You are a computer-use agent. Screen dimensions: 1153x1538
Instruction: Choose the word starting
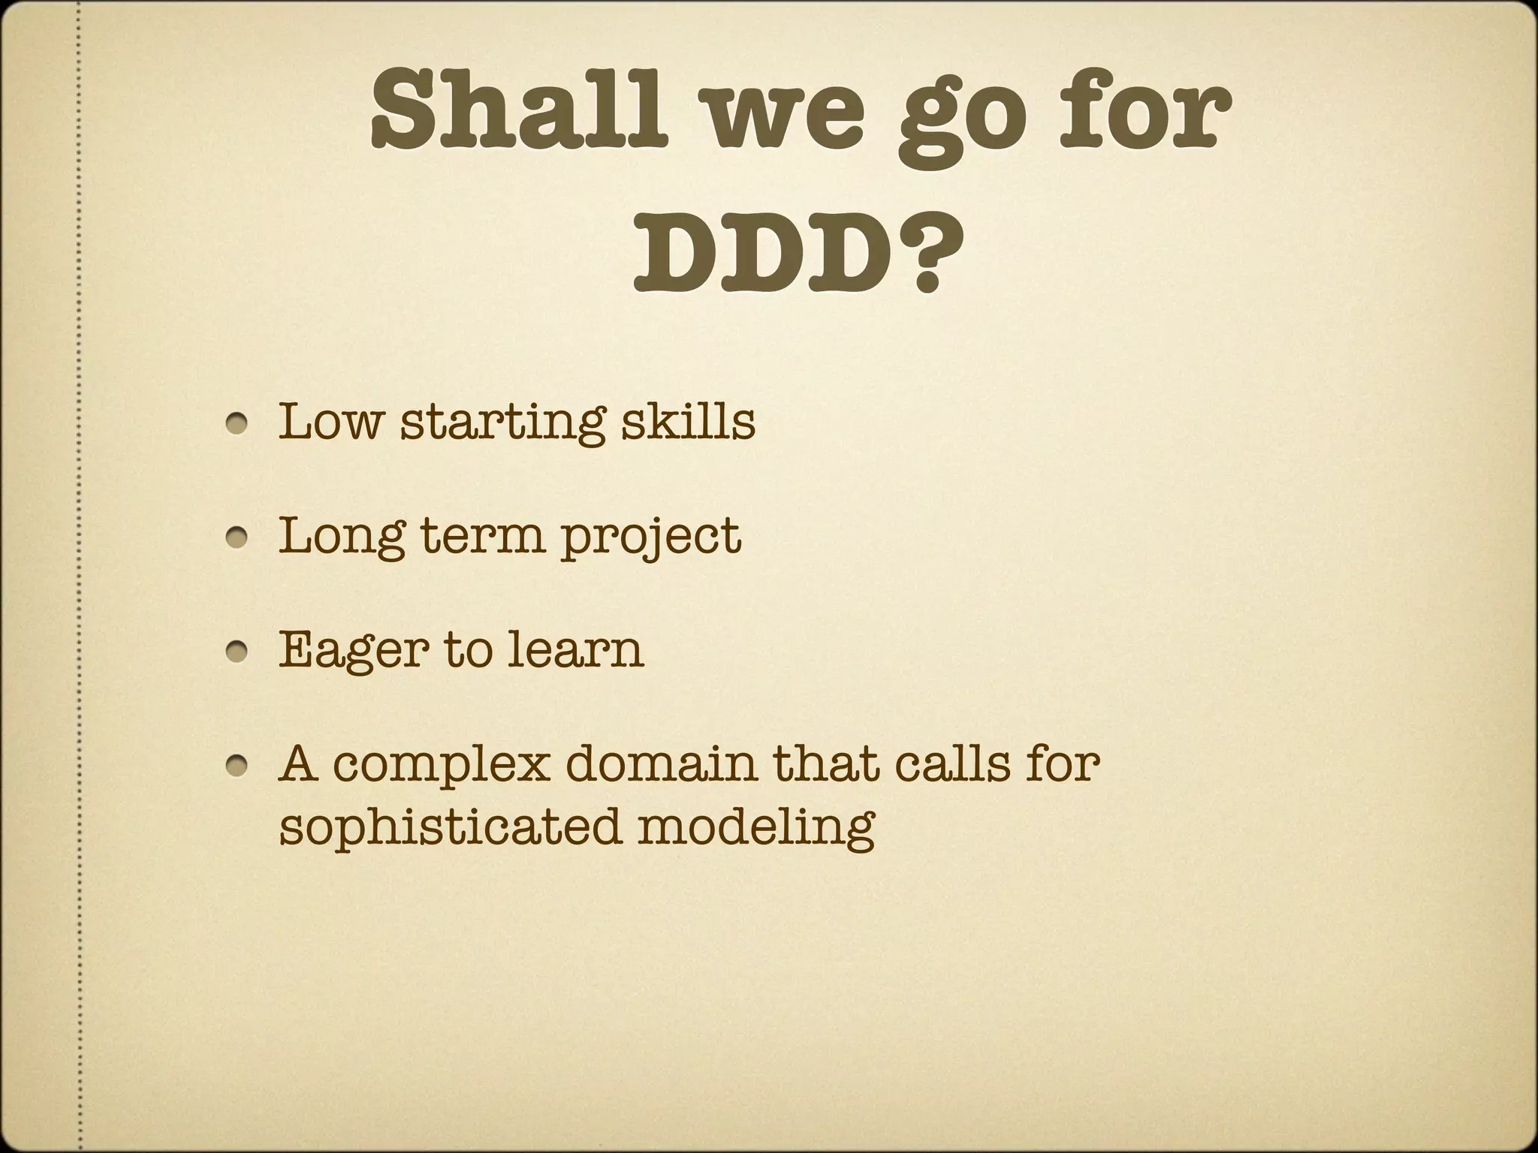pos(502,424)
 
